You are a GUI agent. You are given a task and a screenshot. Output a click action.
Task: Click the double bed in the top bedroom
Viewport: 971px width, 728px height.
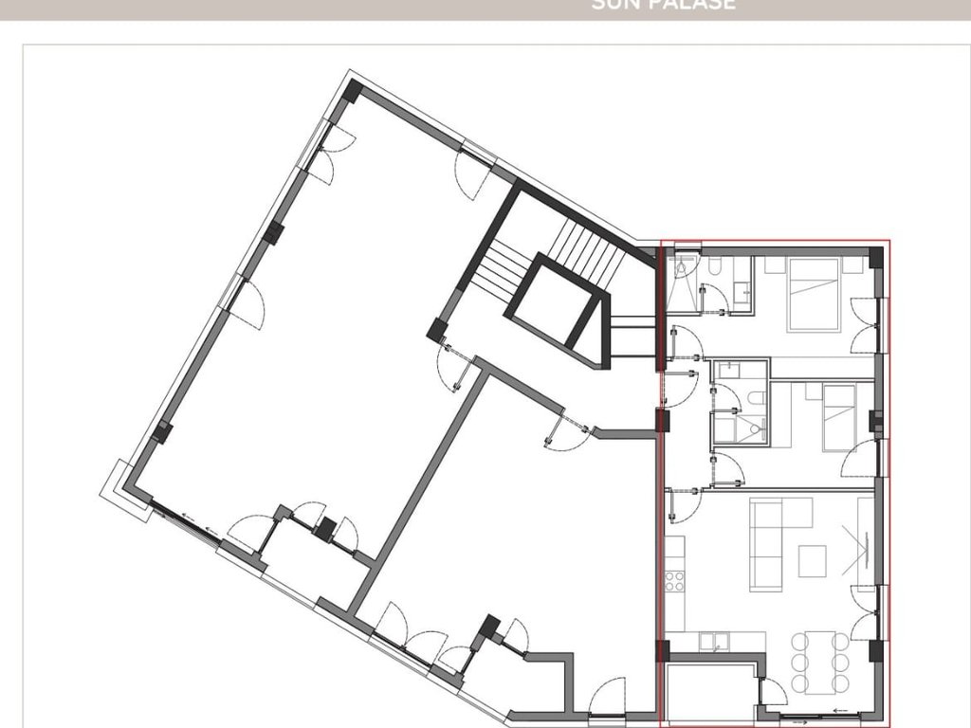(x=814, y=294)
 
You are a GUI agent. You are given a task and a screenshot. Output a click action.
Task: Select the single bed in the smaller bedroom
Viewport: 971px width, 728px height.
(x=838, y=417)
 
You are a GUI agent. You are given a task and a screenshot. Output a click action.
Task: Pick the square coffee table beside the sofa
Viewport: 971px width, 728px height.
(x=812, y=561)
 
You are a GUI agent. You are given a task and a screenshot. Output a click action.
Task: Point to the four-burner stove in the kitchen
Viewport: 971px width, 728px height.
(x=674, y=579)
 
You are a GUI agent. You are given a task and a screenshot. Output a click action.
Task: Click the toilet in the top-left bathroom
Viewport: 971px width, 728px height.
(x=713, y=268)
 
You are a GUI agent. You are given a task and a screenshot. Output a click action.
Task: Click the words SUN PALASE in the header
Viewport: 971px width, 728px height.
(x=663, y=5)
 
